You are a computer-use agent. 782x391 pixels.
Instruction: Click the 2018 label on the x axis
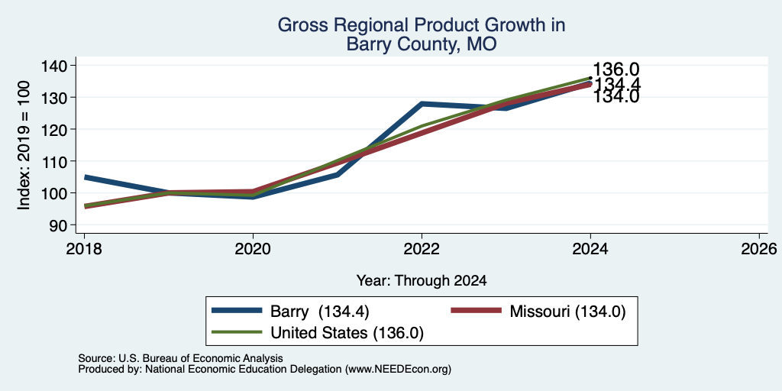coord(84,249)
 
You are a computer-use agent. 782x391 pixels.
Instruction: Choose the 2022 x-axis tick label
coord(422,249)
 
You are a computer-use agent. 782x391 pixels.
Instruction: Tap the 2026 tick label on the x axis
coord(759,249)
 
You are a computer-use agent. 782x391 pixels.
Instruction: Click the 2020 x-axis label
coord(253,249)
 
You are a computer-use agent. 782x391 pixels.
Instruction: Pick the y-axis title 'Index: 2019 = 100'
coord(24,145)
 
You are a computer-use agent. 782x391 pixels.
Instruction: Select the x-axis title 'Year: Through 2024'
coord(422,281)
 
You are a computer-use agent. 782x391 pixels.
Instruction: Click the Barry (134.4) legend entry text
coord(320,312)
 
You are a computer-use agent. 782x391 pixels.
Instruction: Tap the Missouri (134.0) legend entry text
coord(567,312)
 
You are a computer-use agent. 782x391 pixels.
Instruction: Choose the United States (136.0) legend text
coord(347,333)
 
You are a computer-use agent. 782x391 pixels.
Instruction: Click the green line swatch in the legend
coord(237,332)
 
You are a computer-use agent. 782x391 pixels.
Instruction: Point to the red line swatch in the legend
coord(476,311)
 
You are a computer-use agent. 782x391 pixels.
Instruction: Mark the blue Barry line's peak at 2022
coord(422,104)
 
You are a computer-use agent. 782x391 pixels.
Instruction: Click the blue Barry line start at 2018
coord(86,177)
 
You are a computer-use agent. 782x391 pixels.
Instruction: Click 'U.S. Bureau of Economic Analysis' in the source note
coord(201,358)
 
